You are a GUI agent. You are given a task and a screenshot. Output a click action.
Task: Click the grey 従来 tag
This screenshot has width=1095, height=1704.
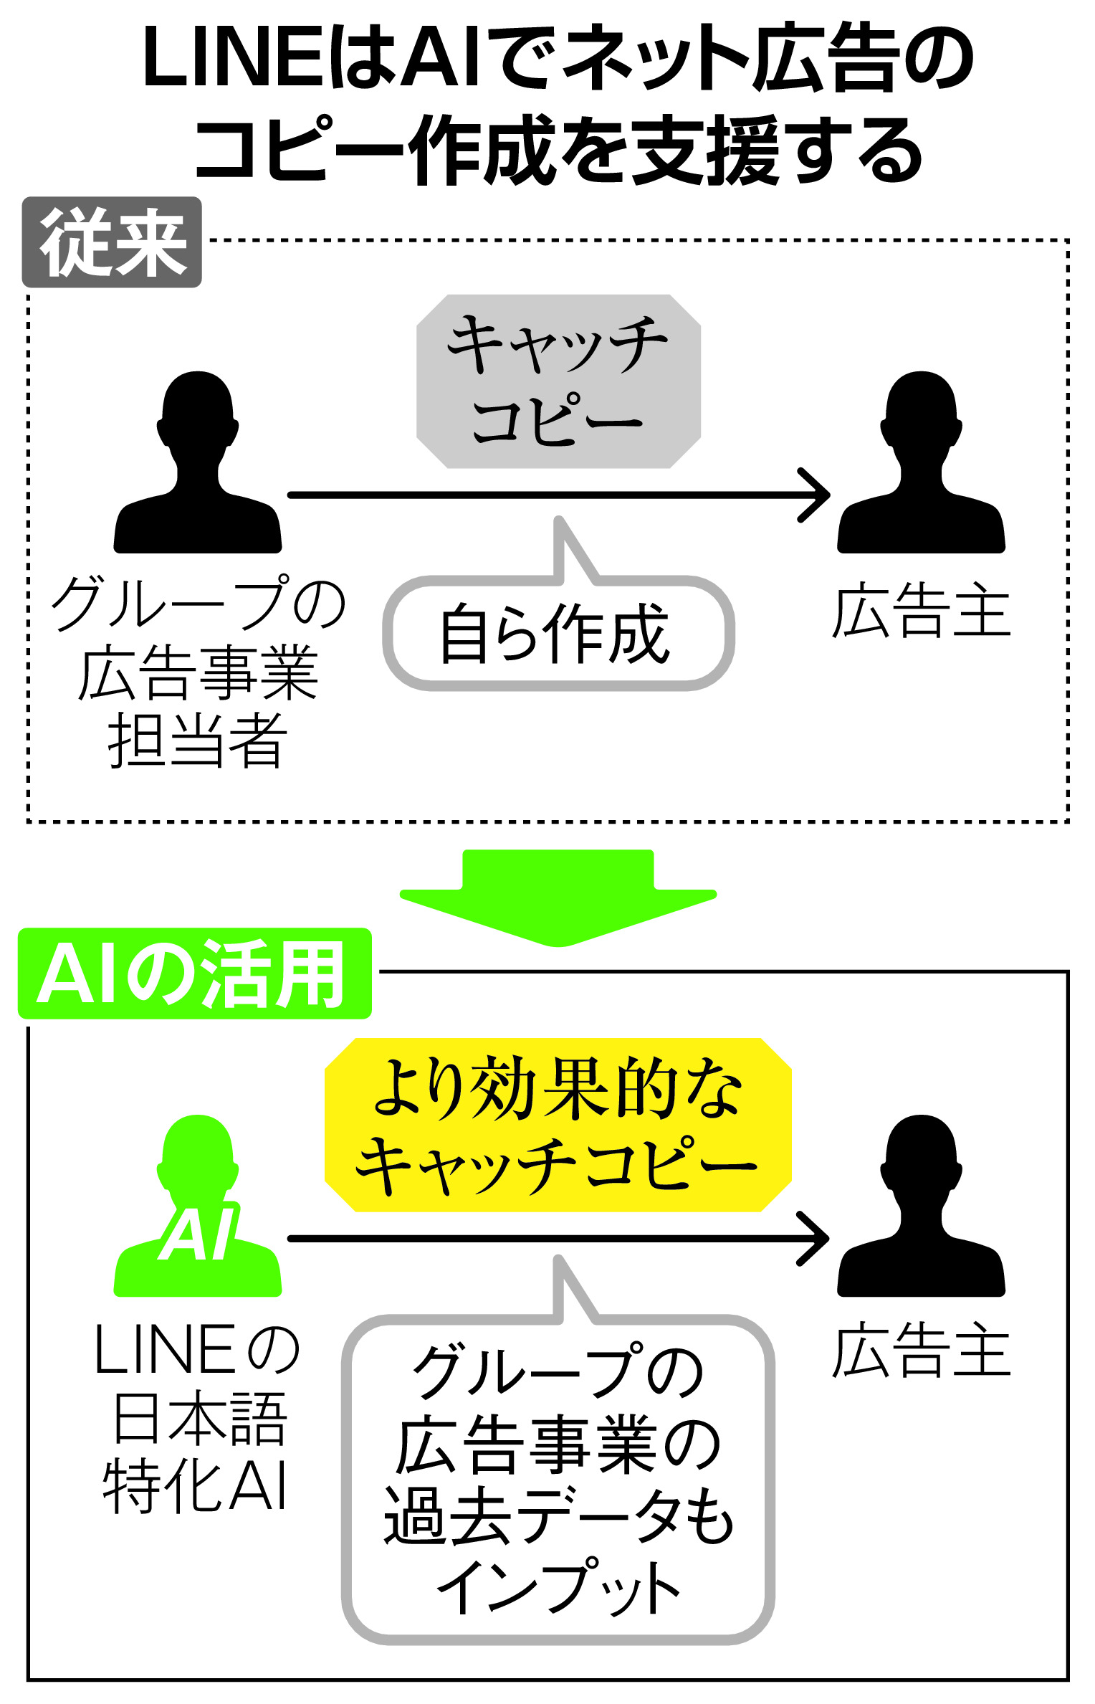[x=112, y=242]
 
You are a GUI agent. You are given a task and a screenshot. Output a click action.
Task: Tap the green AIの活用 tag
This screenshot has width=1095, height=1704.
[x=194, y=974]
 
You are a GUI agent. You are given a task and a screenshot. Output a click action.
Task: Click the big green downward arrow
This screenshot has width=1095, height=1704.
[x=558, y=896]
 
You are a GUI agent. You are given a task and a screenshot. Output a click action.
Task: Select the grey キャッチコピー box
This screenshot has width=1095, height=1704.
[x=558, y=381]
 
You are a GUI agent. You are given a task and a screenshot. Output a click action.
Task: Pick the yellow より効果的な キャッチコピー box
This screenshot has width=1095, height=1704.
[x=558, y=1124]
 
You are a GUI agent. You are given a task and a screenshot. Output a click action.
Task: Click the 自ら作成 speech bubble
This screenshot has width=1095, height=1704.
[x=558, y=633]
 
